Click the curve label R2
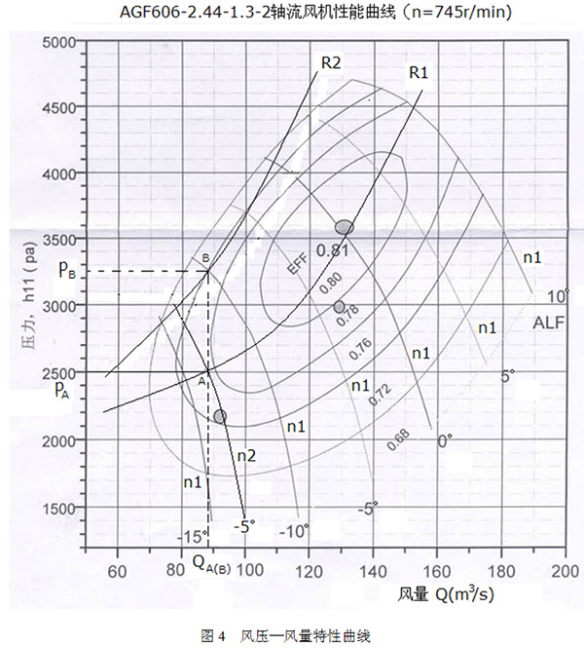click(330, 62)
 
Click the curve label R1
click(419, 72)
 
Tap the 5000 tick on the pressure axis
click(61, 42)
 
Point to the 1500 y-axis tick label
click(61, 508)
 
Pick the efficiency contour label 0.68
click(398, 439)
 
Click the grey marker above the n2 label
click(220, 416)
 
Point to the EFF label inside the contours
click(296, 266)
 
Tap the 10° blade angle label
click(556, 295)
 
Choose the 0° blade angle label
click(445, 441)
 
